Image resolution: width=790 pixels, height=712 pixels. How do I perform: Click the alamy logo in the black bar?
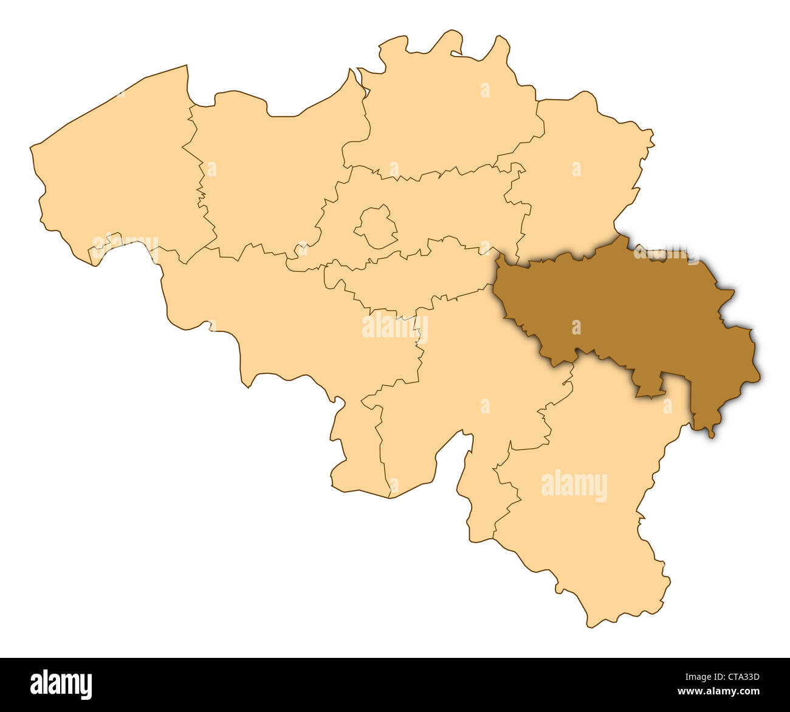[x=61, y=684]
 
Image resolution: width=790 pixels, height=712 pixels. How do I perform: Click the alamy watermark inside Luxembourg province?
[x=574, y=486]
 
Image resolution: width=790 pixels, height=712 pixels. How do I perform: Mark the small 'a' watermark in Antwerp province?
[x=485, y=90]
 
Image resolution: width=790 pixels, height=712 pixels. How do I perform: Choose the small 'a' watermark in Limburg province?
[x=575, y=169]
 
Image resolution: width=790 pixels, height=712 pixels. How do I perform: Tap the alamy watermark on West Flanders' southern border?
[x=125, y=246]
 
